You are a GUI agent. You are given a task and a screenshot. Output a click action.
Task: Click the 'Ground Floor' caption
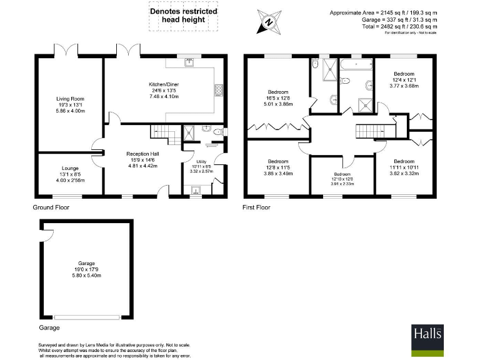click(51, 207)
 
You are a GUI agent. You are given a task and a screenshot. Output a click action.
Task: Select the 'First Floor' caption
click(256, 207)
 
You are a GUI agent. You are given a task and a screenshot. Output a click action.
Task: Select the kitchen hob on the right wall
click(218, 91)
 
